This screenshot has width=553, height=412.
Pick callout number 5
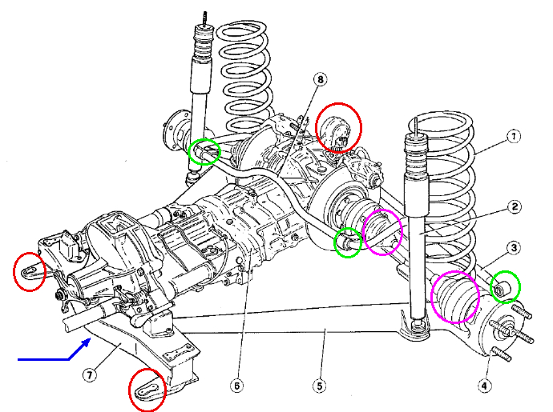pyautogui.click(x=320, y=386)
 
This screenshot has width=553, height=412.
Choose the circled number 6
pyautogui.click(x=236, y=386)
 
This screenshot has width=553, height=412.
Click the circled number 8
pyautogui.click(x=321, y=79)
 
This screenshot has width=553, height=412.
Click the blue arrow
pyautogui.click(x=56, y=357)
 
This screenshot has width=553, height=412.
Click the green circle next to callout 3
pyautogui.click(x=505, y=286)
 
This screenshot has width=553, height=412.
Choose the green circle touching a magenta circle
pyautogui.click(x=348, y=242)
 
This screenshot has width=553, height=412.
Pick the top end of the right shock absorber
pyautogui.click(x=417, y=128)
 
